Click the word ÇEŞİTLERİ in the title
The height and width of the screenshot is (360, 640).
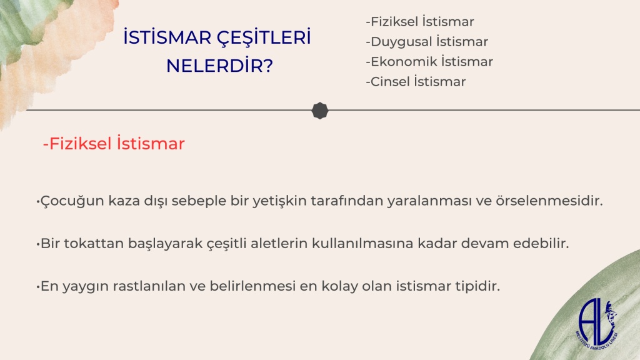tap(264, 37)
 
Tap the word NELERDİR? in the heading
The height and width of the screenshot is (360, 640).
tap(219, 65)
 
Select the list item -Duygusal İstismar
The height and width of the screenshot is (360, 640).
tap(427, 42)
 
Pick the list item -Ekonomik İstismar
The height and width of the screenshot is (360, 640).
tap(429, 62)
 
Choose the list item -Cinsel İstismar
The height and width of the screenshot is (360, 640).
tap(416, 82)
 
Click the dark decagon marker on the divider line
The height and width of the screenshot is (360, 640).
tap(320, 111)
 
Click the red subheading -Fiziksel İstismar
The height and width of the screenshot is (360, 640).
tap(114, 144)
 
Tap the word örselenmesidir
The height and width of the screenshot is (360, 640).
tap(549, 201)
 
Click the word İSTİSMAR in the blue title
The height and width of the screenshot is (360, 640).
tap(167, 37)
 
